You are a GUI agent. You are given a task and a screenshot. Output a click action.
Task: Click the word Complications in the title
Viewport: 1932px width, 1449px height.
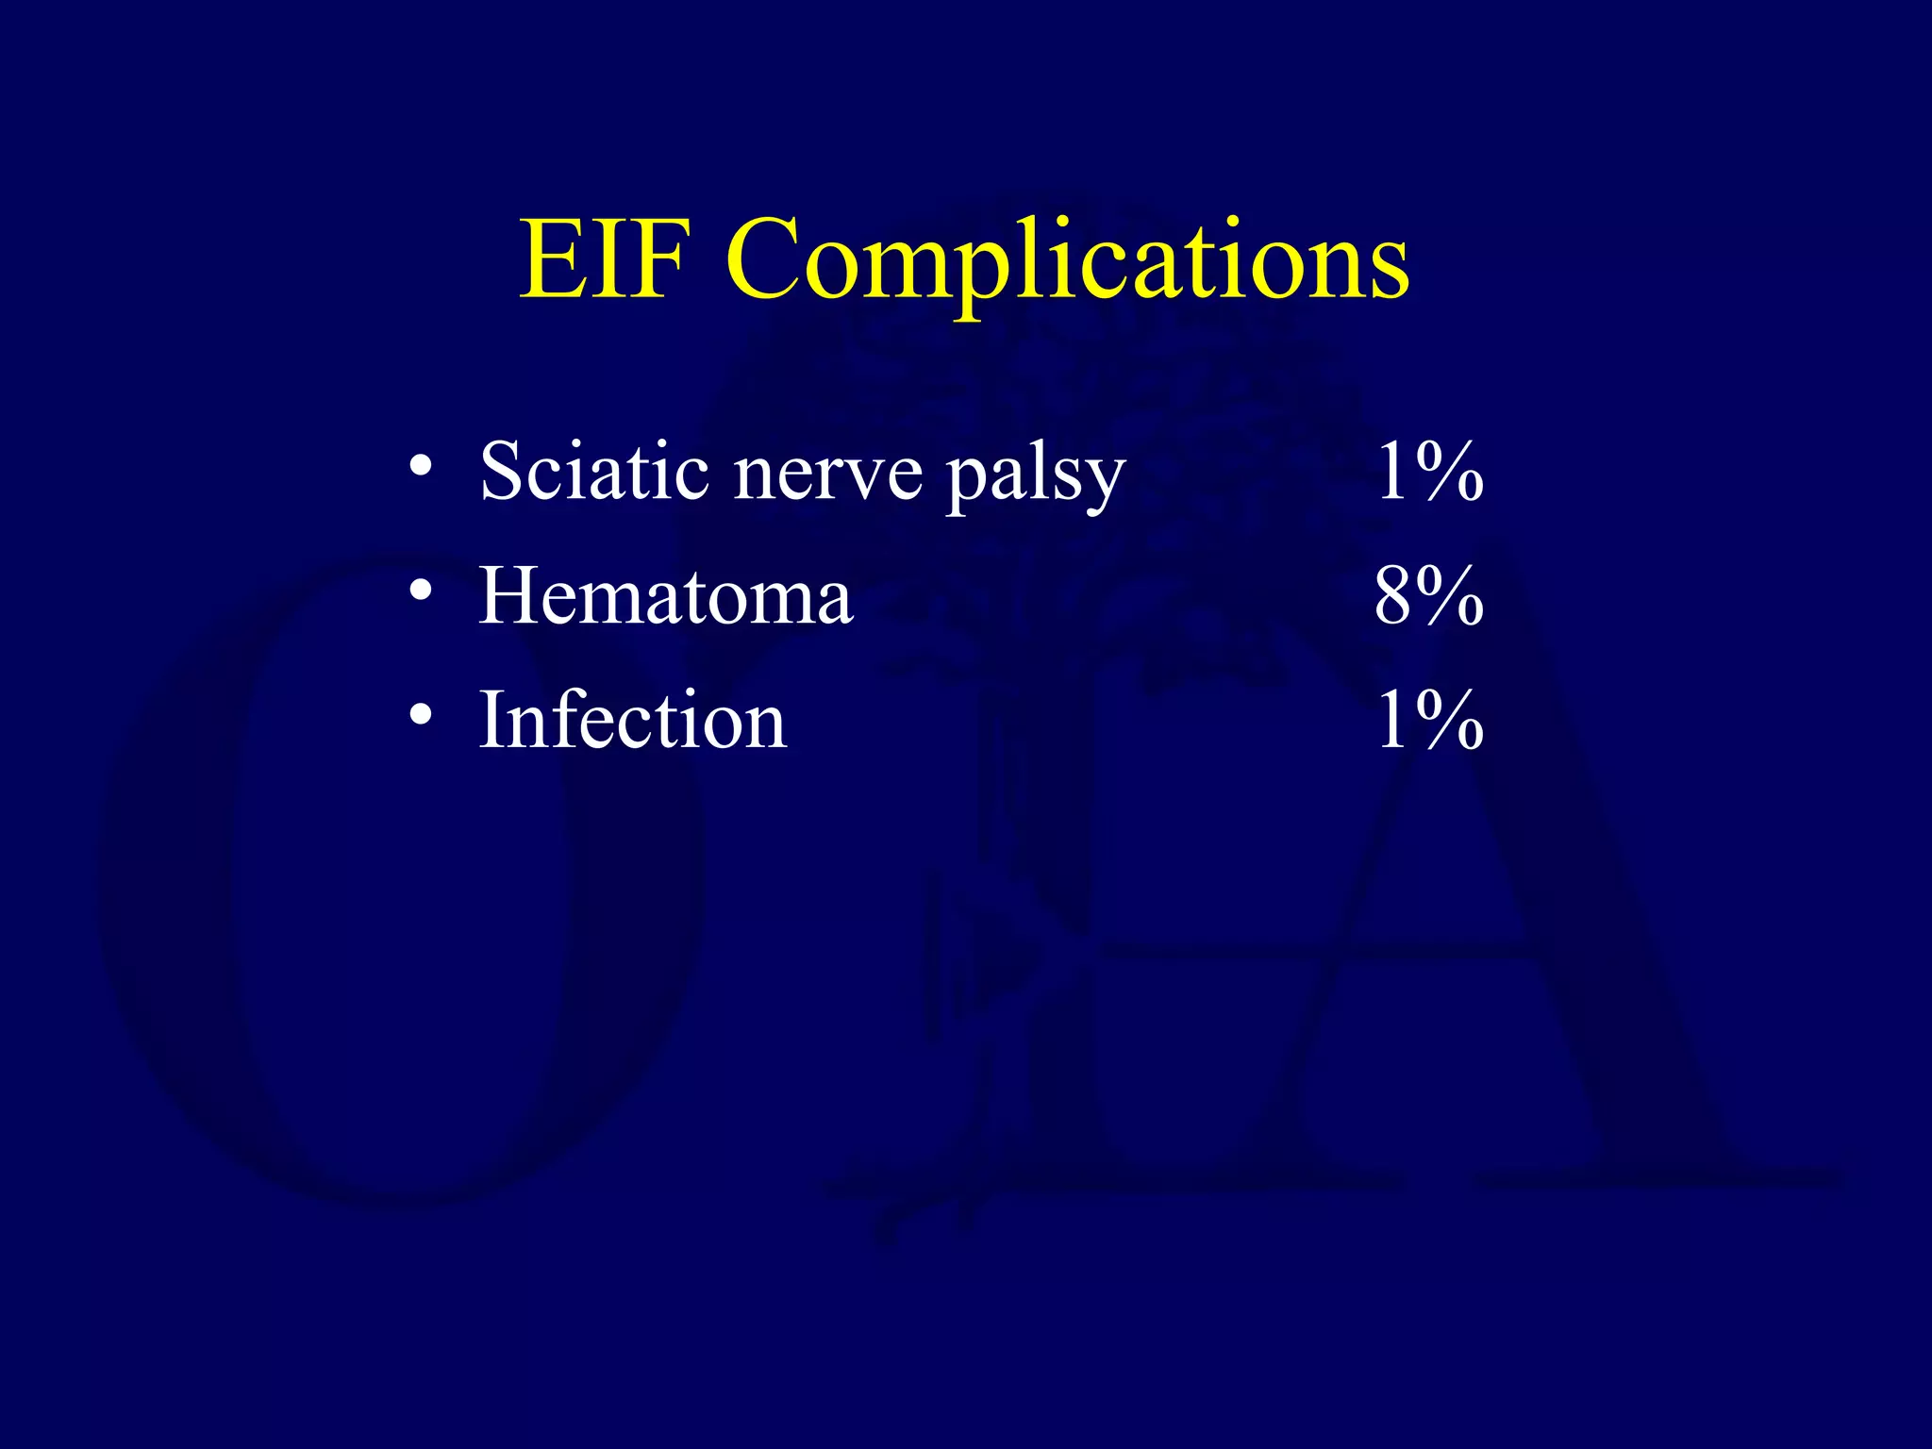[1067, 258]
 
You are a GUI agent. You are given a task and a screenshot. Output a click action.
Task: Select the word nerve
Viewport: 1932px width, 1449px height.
[828, 473]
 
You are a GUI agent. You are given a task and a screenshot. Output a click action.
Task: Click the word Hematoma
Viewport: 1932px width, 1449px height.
[666, 596]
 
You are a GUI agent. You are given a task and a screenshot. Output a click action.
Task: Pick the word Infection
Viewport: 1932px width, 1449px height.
[633, 721]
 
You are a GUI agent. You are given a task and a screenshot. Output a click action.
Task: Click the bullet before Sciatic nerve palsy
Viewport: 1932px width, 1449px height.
[421, 466]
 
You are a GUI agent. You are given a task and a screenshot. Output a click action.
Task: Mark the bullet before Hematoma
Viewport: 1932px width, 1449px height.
[421, 591]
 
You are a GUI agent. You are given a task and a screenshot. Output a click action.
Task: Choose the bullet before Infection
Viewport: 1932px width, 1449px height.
[421, 715]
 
